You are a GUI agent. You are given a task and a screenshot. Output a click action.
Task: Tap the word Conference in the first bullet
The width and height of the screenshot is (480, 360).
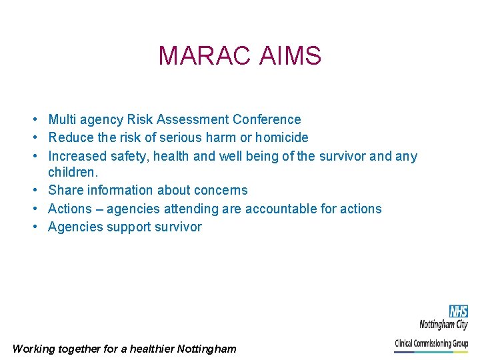(267, 120)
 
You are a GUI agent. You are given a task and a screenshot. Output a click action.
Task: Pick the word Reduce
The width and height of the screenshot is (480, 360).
(70, 138)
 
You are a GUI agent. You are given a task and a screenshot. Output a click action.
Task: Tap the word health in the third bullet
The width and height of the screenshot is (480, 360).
(174, 156)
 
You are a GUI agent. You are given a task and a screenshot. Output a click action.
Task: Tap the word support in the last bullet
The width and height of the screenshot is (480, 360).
(129, 227)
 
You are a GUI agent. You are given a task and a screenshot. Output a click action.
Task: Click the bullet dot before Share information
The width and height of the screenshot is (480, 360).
(33, 191)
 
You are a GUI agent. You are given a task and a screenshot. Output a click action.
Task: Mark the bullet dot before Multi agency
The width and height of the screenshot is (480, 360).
(33, 120)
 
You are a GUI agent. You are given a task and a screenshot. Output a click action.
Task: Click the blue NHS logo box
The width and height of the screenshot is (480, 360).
(458, 311)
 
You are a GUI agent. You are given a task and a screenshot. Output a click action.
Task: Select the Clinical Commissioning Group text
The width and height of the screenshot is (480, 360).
(431, 343)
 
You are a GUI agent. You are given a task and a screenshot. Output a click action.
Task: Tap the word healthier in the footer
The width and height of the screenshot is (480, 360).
(151, 349)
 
